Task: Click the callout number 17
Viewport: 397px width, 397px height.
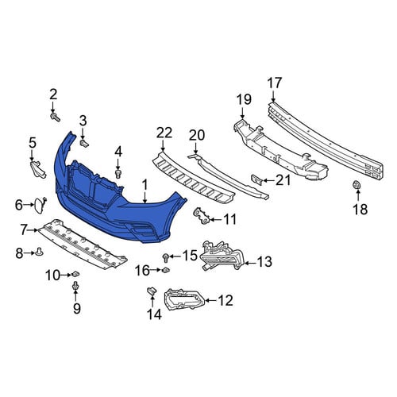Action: (x=275, y=83)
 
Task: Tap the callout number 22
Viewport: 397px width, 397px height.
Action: (x=164, y=133)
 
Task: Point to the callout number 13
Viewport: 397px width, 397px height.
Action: (x=264, y=261)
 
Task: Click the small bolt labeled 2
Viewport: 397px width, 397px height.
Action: (x=56, y=117)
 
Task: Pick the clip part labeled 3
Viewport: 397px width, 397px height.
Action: (x=84, y=144)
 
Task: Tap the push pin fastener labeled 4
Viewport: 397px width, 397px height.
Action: (x=118, y=174)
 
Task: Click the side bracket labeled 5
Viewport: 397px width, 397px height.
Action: (x=38, y=170)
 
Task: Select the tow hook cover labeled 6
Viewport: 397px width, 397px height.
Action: (x=39, y=205)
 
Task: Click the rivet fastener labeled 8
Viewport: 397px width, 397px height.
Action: (x=40, y=251)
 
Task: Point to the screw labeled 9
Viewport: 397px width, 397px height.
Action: (x=76, y=286)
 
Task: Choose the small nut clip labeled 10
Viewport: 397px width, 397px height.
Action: (x=75, y=274)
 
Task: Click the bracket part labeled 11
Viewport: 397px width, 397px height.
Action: (x=202, y=216)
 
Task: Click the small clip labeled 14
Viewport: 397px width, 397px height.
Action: (x=152, y=291)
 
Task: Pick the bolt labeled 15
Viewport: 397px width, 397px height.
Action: (x=166, y=257)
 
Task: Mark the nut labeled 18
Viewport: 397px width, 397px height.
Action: (x=357, y=185)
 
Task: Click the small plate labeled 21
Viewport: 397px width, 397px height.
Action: (x=256, y=179)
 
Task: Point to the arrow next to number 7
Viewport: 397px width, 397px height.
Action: (x=33, y=230)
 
